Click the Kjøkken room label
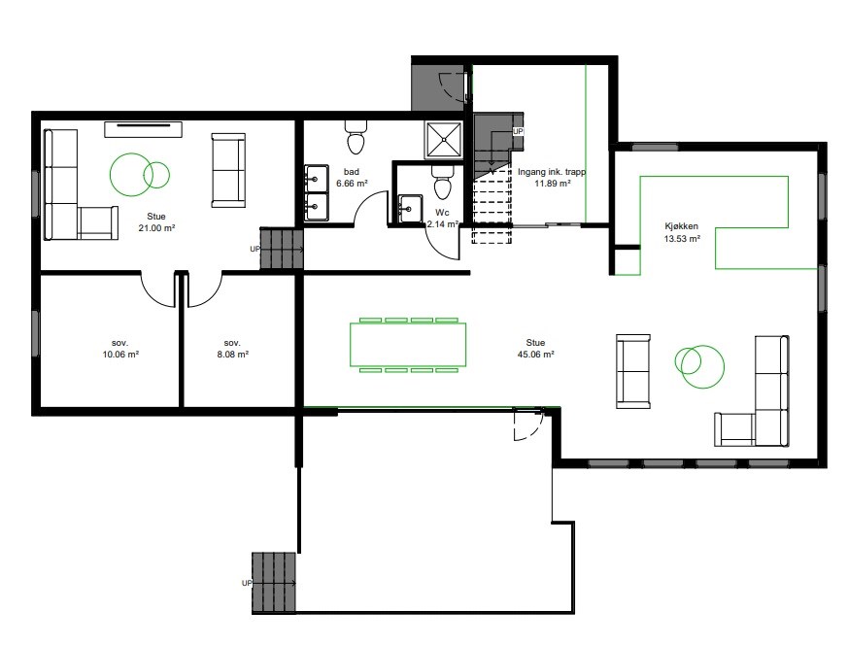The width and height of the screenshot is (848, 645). (682, 226)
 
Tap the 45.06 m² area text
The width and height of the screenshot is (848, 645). (535, 355)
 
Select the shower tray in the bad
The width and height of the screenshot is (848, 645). (444, 140)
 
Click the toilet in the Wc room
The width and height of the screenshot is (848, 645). (442, 182)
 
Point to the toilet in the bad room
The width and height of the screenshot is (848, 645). (356, 136)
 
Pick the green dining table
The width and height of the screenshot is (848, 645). (408, 345)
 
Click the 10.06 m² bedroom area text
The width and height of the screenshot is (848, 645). (120, 355)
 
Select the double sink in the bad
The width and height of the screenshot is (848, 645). (317, 193)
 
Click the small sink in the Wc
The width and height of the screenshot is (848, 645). (411, 209)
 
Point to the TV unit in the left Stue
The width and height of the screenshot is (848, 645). (144, 129)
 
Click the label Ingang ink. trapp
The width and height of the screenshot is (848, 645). (552, 172)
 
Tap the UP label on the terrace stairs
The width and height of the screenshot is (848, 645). (247, 584)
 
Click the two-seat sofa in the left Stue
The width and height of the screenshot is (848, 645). (228, 170)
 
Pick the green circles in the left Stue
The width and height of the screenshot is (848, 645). (140, 174)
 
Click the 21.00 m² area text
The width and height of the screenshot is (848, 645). (156, 228)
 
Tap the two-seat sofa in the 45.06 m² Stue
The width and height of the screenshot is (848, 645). (633, 371)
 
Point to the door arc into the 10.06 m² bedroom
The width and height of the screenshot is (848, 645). (156, 293)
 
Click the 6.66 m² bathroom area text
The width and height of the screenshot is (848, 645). (352, 184)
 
